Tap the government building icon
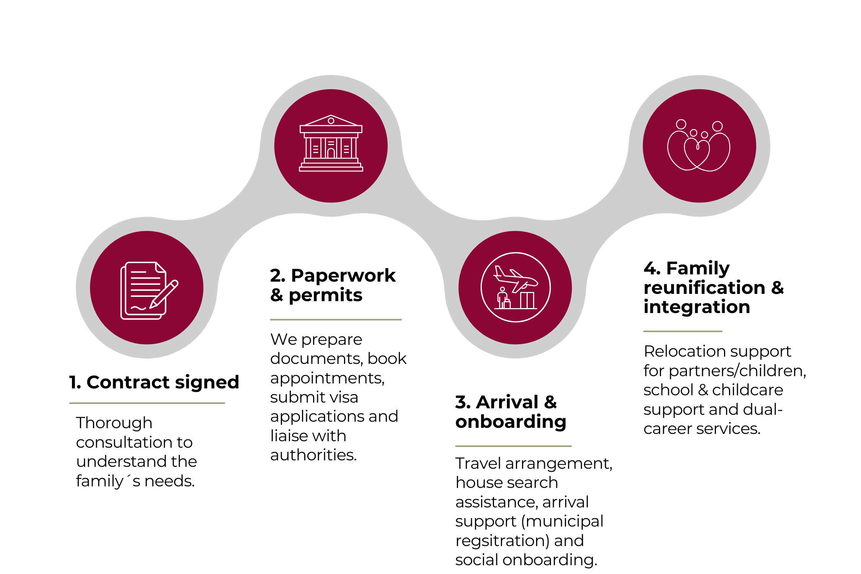[x=331, y=143]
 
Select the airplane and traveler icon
[x=515, y=287]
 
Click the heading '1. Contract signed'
[x=154, y=382]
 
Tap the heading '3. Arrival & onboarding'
[x=510, y=412]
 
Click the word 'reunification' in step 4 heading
[x=704, y=287]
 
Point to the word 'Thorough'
[x=114, y=423]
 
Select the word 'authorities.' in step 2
[x=313, y=455]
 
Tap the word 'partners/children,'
[x=737, y=371]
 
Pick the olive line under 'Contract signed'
[x=147, y=403]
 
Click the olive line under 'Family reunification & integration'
[x=683, y=331]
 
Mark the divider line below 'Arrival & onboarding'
[x=513, y=446]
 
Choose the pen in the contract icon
[x=164, y=294]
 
